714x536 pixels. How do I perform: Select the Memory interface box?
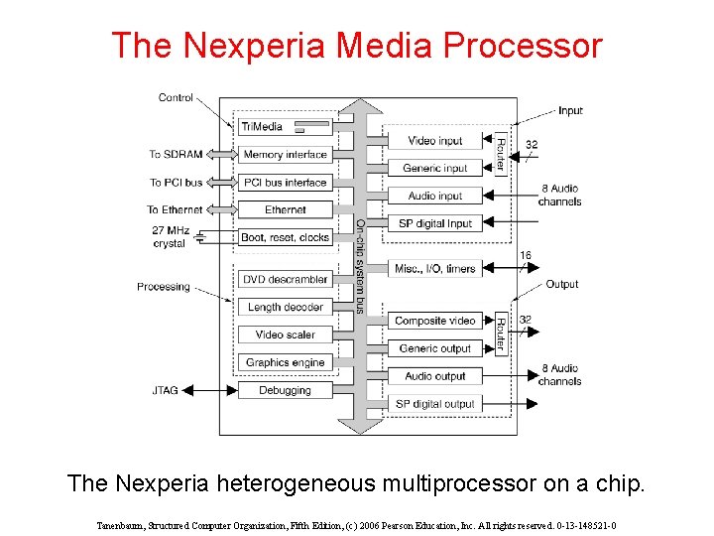tap(285, 154)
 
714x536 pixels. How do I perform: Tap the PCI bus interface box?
tap(285, 182)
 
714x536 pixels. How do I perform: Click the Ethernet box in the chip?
tap(285, 209)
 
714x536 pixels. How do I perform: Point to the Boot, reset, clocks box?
tap(285, 237)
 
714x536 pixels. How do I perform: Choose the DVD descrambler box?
tap(285, 280)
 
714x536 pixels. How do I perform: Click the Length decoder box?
tap(285, 308)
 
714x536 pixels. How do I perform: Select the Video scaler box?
tap(285, 335)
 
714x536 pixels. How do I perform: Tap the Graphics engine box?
tap(285, 362)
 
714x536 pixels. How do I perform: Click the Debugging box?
tap(285, 390)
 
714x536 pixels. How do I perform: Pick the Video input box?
tap(435, 141)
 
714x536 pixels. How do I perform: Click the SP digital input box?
tap(435, 223)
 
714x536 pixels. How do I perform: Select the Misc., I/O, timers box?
tap(435, 268)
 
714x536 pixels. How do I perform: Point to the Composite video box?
tap(435, 321)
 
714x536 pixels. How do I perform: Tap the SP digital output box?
tap(435, 404)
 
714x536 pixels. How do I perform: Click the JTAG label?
tap(165, 390)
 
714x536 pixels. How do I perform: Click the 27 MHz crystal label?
tap(170, 237)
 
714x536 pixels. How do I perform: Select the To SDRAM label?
tap(176, 154)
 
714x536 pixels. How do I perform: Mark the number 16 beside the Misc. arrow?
tap(526, 255)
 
